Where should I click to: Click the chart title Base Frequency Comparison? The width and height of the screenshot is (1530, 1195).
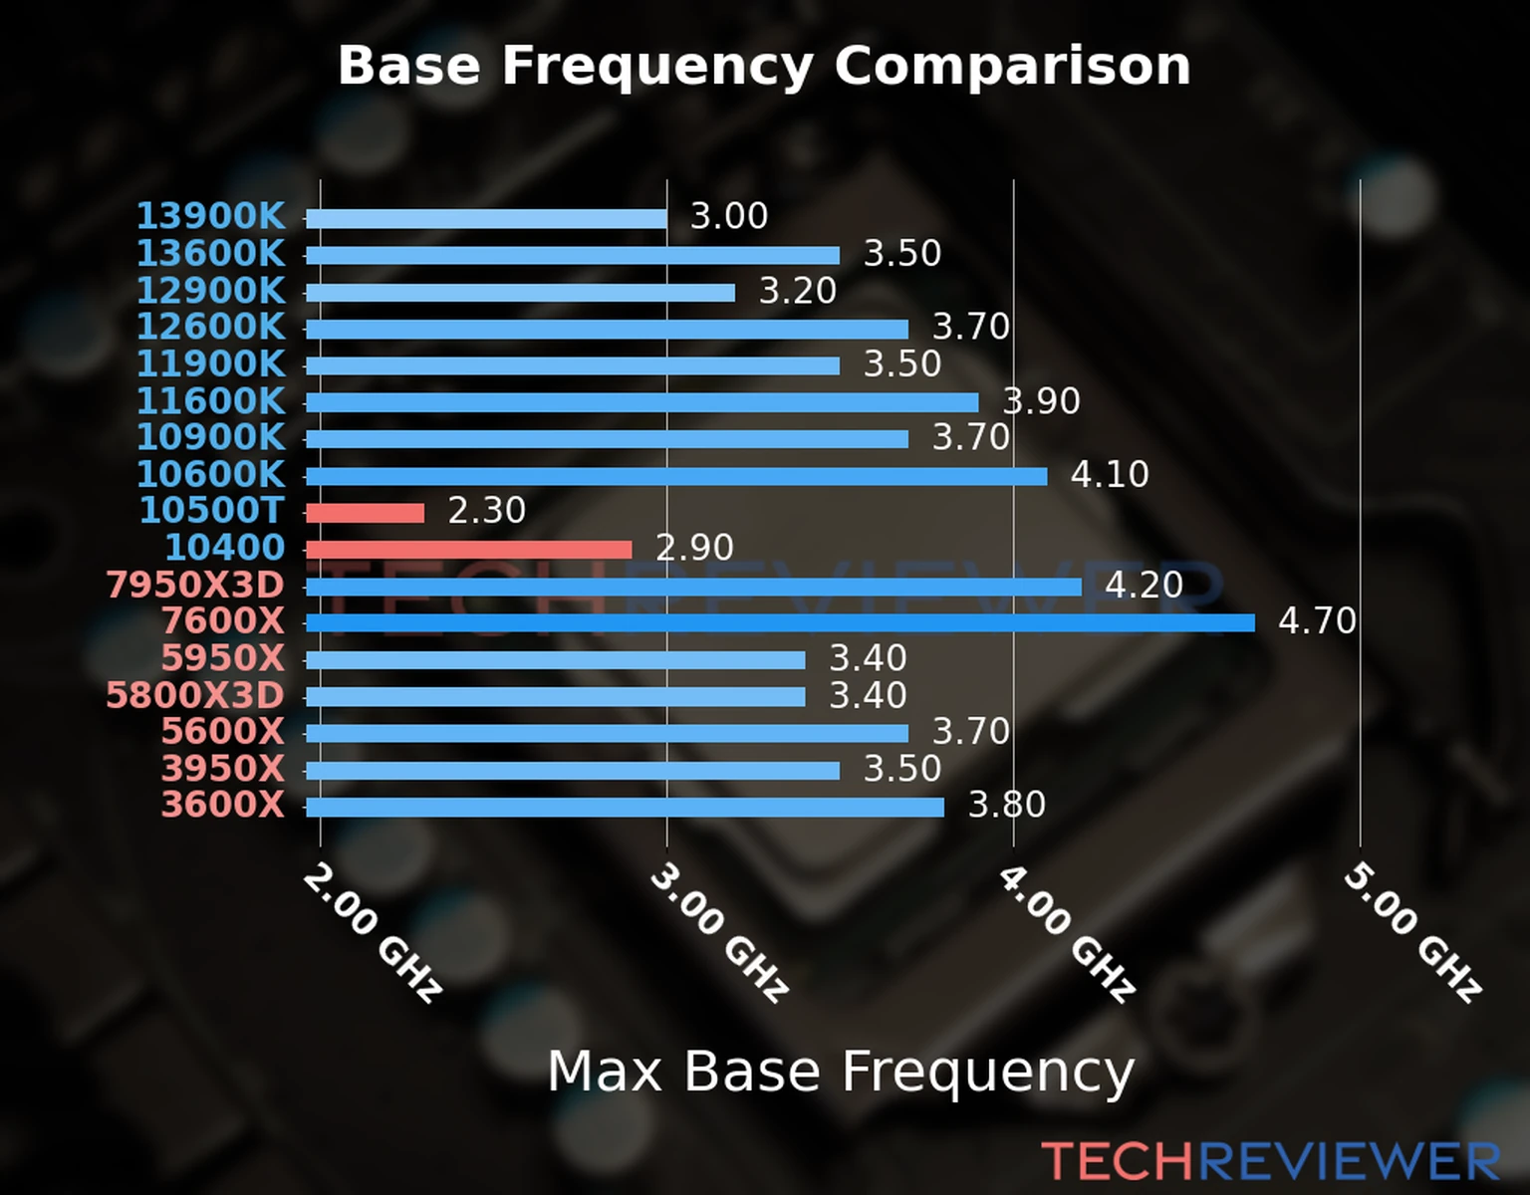pos(764,66)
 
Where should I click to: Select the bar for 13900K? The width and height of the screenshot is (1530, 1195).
pos(486,219)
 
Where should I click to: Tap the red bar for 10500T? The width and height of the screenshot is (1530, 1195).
pos(365,513)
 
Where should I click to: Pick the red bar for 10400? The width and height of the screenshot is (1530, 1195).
pos(468,550)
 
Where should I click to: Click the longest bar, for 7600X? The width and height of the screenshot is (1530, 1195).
pos(780,623)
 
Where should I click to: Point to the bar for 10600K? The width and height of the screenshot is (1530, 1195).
pos(676,476)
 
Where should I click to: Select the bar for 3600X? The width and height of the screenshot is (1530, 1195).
pos(625,807)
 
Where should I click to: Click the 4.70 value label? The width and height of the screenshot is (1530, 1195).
pos(1317,621)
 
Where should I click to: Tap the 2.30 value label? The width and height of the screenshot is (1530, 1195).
pos(486,511)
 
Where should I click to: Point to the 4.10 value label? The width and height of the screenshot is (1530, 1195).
pos(1110,474)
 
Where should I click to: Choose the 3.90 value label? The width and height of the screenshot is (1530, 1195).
pos(1041,401)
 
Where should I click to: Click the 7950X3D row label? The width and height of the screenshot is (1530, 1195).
pos(195,585)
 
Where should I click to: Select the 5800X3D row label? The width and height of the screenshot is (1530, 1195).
pos(195,695)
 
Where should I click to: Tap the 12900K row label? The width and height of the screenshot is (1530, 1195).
pos(210,291)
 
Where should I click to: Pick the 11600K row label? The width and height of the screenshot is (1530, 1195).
pos(210,401)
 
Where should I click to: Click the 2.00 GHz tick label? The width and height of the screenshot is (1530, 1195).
pos(372,932)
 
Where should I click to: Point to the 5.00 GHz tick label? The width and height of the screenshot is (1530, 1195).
pos(1412,932)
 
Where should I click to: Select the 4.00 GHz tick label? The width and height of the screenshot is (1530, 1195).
pos(1066,932)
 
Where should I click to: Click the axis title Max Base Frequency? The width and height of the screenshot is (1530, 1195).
pos(841,1072)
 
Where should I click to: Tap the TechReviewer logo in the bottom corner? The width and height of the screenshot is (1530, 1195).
pos(1271,1161)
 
